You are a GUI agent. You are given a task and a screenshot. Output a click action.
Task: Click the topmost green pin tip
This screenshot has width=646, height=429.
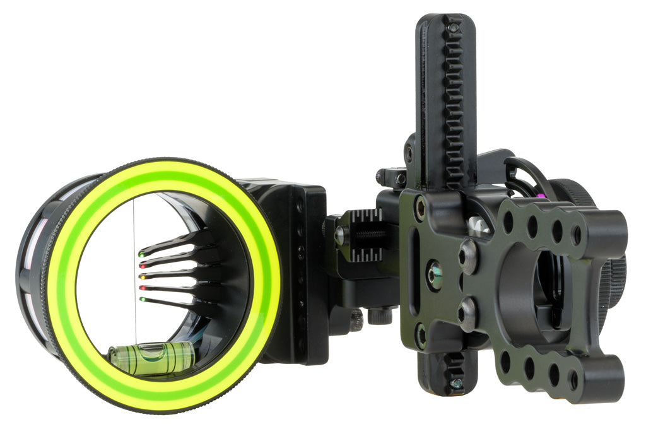pyautogui.click(x=141, y=255)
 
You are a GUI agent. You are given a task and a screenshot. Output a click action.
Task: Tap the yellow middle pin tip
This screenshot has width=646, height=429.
pyautogui.click(x=142, y=276)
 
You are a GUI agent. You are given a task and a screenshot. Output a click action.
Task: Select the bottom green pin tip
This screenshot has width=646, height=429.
pyautogui.click(x=143, y=299)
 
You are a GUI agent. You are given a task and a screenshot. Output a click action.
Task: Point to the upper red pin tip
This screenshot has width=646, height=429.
pyautogui.click(x=141, y=266)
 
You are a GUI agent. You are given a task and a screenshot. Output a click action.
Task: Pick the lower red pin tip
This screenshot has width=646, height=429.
pyautogui.click(x=142, y=288)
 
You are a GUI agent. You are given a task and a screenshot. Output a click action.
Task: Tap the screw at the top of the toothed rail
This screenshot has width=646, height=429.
pyautogui.click(x=453, y=28)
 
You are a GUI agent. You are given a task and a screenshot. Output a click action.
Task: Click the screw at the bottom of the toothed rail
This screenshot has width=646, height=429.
pyautogui.click(x=455, y=383)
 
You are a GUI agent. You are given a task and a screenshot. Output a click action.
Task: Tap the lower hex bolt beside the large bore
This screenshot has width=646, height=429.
pyautogui.click(x=467, y=312)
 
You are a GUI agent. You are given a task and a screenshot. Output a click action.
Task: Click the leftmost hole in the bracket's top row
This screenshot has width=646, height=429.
pyautogui.click(x=508, y=222)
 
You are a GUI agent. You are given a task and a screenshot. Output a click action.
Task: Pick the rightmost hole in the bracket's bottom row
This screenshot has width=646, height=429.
pyautogui.click(x=573, y=380)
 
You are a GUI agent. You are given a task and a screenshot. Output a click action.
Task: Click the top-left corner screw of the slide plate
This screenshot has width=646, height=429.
pyautogui.click(x=420, y=208)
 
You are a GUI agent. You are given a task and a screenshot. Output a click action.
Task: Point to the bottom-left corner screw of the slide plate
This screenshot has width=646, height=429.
pyautogui.click(x=421, y=336)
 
